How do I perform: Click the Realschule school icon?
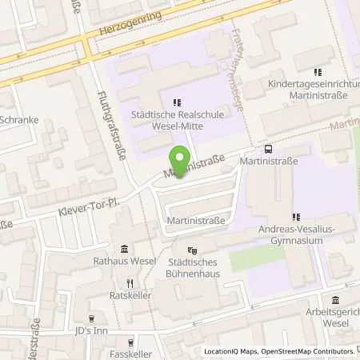[177, 102]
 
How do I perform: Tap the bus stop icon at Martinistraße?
[267, 148]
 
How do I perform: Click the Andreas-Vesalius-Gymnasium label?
[296, 234]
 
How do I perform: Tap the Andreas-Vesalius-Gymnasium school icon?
[296, 216]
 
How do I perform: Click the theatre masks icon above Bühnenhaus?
[192, 251]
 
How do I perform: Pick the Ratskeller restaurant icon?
[130, 284]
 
